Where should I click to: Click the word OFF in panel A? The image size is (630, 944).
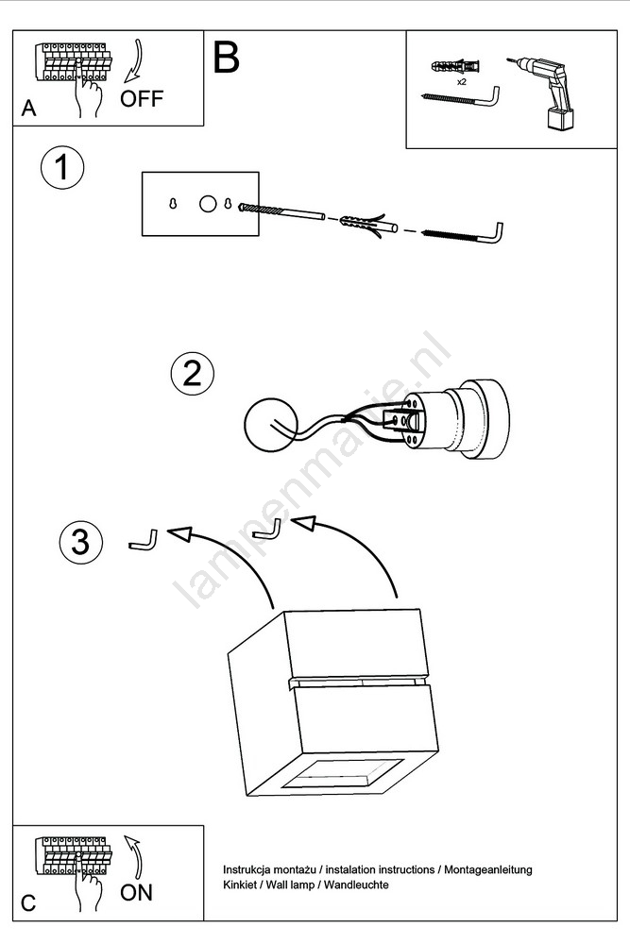(142, 99)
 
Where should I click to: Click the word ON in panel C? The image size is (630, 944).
(136, 892)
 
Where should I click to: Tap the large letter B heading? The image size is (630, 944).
(227, 58)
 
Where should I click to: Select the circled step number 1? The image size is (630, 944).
(62, 170)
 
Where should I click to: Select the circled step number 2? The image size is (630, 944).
(192, 374)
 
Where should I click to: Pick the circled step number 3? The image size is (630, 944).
(80, 542)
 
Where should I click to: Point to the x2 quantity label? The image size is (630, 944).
(462, 82)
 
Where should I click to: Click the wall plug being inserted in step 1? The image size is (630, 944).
(364, 224)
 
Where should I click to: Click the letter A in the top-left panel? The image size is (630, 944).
(28, 110)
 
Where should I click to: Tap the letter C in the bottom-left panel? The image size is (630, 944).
(28, 903)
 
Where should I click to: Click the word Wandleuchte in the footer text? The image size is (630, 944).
(356, 885)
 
